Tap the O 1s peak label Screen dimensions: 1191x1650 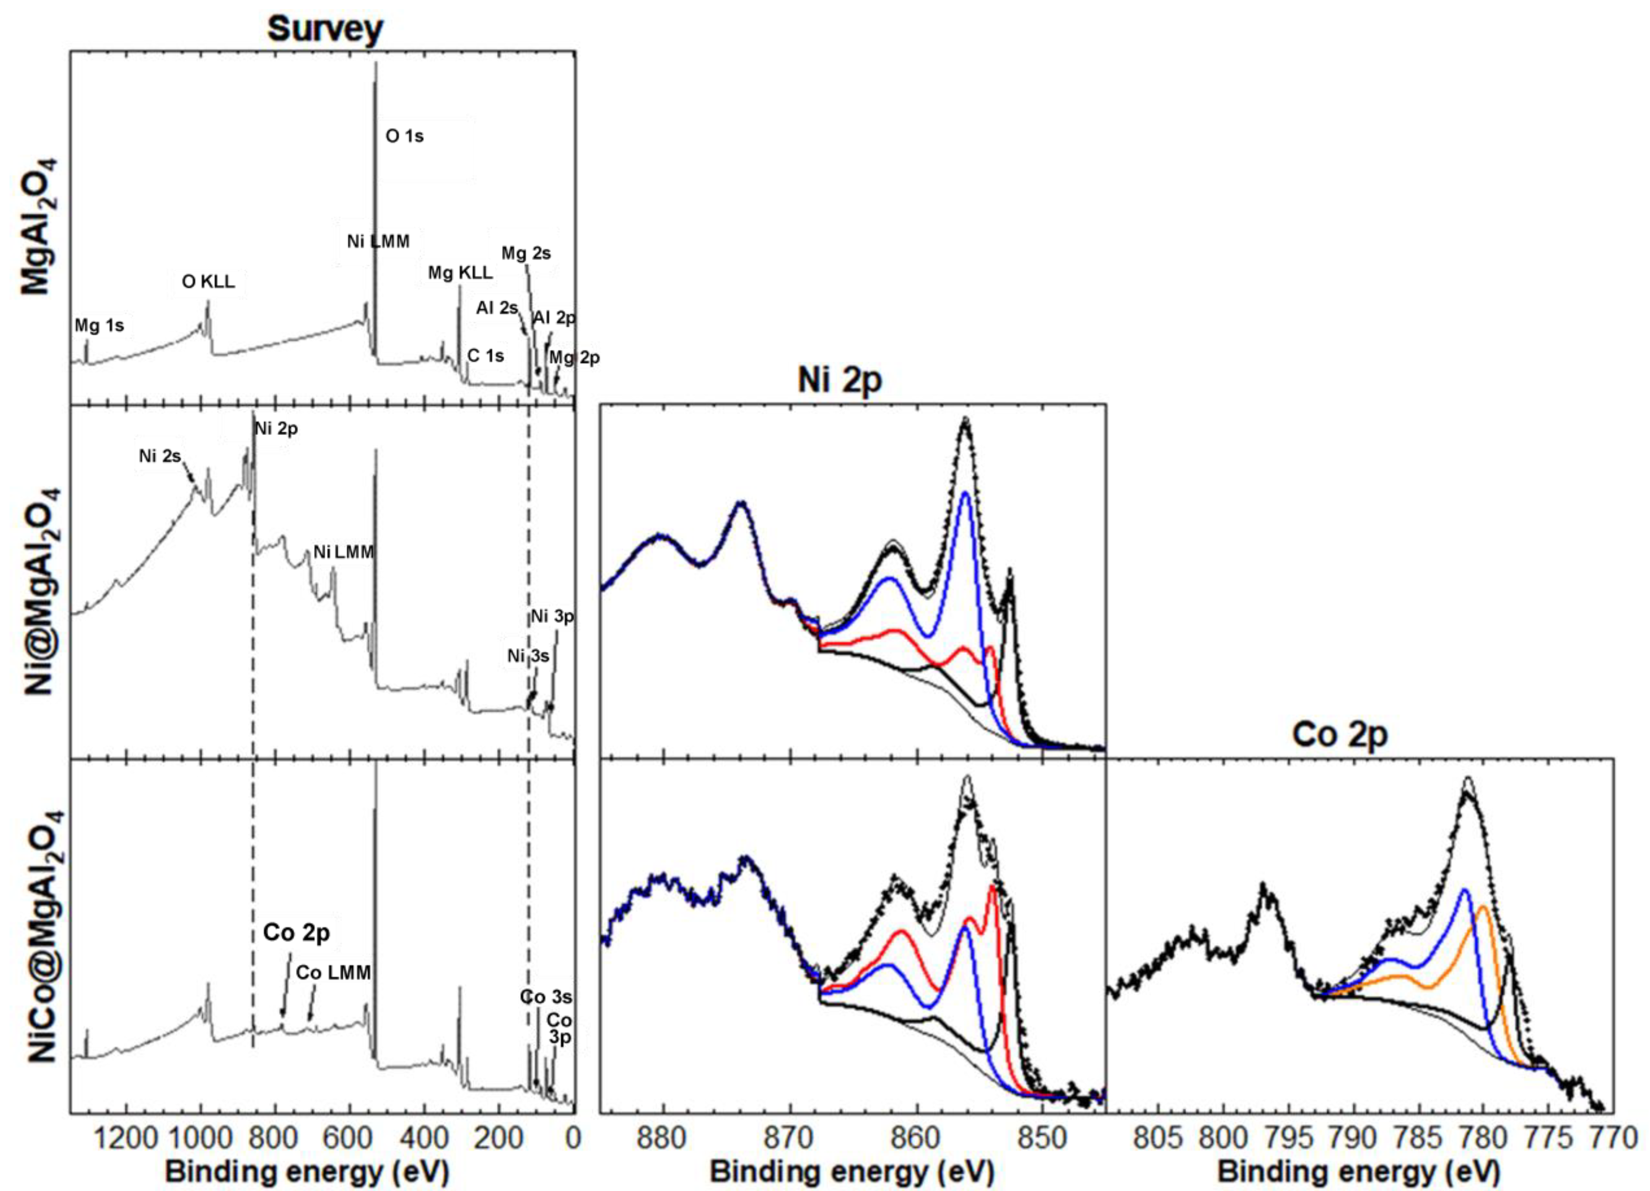(x=404, y=136)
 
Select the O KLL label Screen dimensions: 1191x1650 (x=208, y=282)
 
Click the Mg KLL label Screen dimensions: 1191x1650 (x=460, y=273)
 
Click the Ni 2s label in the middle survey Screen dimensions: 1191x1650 (x=159, y=456)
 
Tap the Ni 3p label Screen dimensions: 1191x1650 (x=552, y=616)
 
